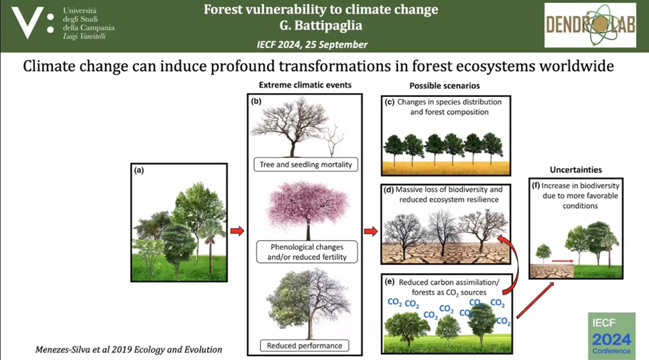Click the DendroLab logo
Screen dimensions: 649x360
(x=590, y=25)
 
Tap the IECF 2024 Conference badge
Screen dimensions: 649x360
(x=611, y=336)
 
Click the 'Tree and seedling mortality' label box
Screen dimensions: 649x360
(x=306, y=164)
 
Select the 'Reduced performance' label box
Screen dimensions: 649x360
(x=304, y=345)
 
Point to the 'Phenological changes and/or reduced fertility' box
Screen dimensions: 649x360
(x=307, y=252)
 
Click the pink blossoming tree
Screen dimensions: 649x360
(x=307, y=209)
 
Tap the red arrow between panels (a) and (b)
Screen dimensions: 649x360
(x=237, y=231)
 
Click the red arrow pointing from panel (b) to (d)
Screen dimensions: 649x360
(x=371, y=231)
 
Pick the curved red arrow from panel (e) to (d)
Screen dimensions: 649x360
(x=515, y=260)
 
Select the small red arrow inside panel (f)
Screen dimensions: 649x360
(x=563, y=260)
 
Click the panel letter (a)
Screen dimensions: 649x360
(x=139, y=170)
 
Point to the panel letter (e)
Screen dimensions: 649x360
(x=390, y=282)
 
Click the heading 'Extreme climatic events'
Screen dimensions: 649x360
(x=305, y=85)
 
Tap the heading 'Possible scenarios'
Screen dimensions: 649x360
(x=445, y=86)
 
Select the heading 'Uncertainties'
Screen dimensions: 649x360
(x=576, y=169)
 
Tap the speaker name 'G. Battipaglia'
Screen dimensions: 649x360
(x=321, y=26)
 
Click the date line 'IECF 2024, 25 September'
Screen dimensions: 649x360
(x=312, y=45)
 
